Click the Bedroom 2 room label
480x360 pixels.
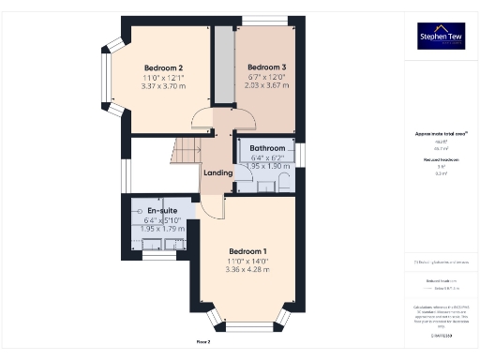point(163,67)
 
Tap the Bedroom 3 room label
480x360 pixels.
point(265,67)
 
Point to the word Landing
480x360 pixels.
point(217,172)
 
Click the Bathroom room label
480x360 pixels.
point(266,149)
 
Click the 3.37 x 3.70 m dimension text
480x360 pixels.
point(163,86)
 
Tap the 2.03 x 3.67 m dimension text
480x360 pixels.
point(265,86)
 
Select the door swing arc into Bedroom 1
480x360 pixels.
point(212,208)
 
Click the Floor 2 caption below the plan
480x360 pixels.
point(202,342)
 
